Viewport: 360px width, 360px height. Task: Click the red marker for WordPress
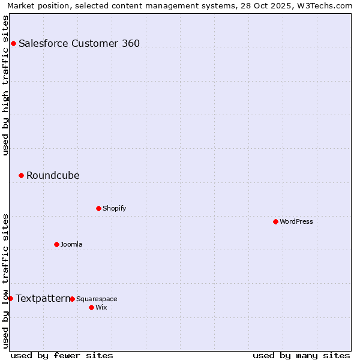(275, 221)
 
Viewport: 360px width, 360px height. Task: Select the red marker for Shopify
(98, 208)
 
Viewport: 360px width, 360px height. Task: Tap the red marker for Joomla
(56, 244)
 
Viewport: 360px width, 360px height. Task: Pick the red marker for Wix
(91, 307)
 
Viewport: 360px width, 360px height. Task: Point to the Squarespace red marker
(72, 299)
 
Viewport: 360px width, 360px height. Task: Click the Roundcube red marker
(21, 175)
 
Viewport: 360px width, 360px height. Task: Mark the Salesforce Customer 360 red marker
(13, 43)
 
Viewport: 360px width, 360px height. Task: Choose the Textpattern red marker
(10, 298)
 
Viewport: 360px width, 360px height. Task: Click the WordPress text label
(296, 221)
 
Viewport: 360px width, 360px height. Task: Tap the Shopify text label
(115, 208)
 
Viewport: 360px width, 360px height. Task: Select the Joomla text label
(71, 244)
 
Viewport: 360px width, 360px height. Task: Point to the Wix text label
(101, 307)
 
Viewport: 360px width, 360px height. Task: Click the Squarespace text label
(97, 299)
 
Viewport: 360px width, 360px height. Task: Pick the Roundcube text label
(53, 175)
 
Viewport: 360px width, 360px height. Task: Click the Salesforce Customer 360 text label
(79, 43)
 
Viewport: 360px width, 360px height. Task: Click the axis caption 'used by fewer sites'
(62, 355)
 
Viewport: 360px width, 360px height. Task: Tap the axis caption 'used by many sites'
(301, 355)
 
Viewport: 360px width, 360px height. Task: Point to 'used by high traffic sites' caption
(5, 85)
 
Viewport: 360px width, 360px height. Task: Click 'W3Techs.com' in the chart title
(324, 5)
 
